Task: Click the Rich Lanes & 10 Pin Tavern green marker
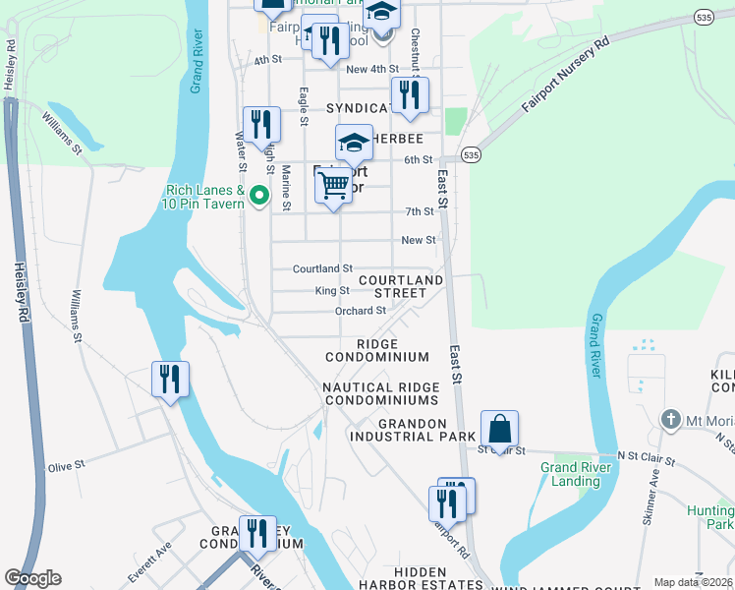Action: (259, 197)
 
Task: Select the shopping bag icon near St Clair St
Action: (499, 430)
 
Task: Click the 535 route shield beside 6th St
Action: (473, 155)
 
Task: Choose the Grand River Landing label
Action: (576, 474)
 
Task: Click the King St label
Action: (331, 291)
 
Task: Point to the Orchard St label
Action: (360, 311)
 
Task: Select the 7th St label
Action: (419, 211)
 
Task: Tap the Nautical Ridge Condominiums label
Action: (380, 394)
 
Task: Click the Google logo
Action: (32, 578)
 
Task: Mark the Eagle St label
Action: (304, 105)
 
